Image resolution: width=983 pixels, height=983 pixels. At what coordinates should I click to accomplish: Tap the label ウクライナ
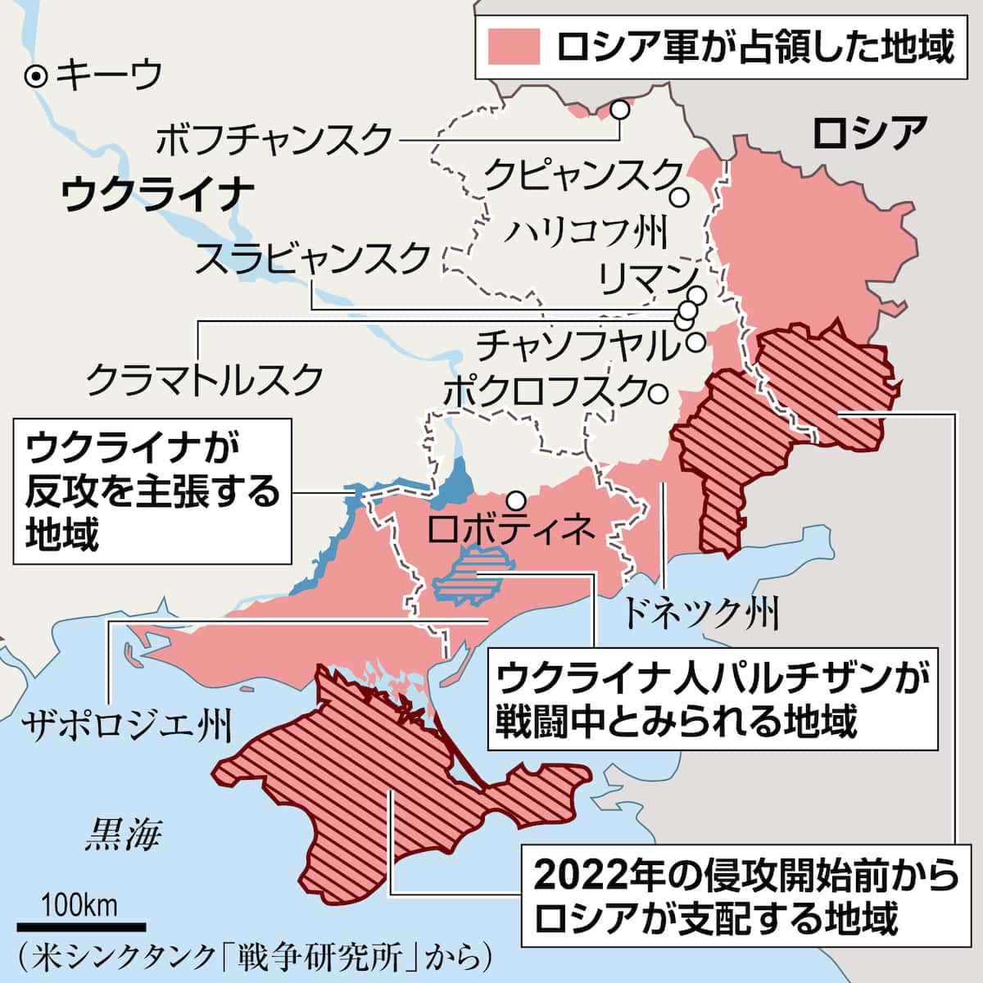pos(156,194)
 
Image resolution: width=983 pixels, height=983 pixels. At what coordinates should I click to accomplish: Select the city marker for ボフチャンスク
pos(622,109)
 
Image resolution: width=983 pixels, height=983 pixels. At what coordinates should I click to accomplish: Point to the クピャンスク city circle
pos(679,197)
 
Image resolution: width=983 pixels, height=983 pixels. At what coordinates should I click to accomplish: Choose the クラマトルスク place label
pos(204,378)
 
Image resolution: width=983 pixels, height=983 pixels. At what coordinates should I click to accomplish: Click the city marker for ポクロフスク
pos(655,393)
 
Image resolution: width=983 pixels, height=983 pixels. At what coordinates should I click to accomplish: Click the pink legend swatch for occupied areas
pos(514,46)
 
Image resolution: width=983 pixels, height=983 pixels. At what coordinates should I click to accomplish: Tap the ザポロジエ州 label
pos(127,725)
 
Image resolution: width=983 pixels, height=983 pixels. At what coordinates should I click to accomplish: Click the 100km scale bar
pos(80,926)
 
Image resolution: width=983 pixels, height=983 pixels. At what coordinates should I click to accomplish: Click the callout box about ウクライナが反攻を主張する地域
pos(152,491)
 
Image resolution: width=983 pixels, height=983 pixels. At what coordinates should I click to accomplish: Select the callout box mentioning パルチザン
pos(712,700)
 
